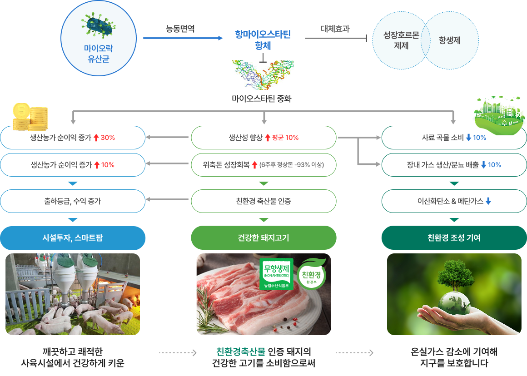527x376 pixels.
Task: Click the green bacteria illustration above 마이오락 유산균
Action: [98, 25]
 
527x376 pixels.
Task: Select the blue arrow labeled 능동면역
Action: [183, 38]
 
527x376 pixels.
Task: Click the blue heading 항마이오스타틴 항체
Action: [263, 40]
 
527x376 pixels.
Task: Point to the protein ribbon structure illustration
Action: [263, 74]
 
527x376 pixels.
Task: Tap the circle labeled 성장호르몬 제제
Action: [401, 40]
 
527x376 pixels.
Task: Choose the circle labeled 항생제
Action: [450, 40]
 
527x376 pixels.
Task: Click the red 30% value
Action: [108, 138]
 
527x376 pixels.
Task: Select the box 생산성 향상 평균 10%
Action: [263, 138]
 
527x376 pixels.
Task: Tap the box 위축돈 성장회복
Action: [263, 165]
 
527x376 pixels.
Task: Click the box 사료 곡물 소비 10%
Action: [454, 138]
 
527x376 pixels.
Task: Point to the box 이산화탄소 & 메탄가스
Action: [454, 201]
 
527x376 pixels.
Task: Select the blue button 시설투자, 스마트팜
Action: [73, 238]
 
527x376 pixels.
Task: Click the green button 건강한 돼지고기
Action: [263, 238]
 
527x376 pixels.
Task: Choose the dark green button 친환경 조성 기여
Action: [454, 238]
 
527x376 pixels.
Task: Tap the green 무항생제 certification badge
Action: [276, 274]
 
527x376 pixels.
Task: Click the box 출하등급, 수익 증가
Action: [73, 201]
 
